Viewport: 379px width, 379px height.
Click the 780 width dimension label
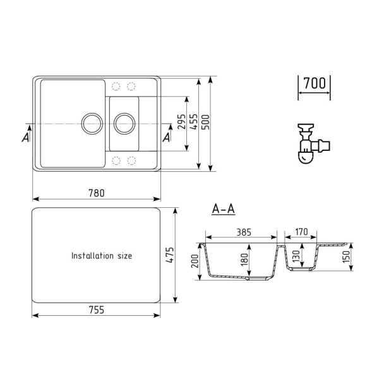point(96,193)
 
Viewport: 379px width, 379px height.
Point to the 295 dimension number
point(181,123)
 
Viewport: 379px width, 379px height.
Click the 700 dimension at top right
point(314,83)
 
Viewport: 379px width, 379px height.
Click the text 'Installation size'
point(102,256)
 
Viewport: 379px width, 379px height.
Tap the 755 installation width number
point(96,310)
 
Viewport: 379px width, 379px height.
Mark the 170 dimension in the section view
point(301,232)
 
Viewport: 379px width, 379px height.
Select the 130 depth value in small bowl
point(296,256)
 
